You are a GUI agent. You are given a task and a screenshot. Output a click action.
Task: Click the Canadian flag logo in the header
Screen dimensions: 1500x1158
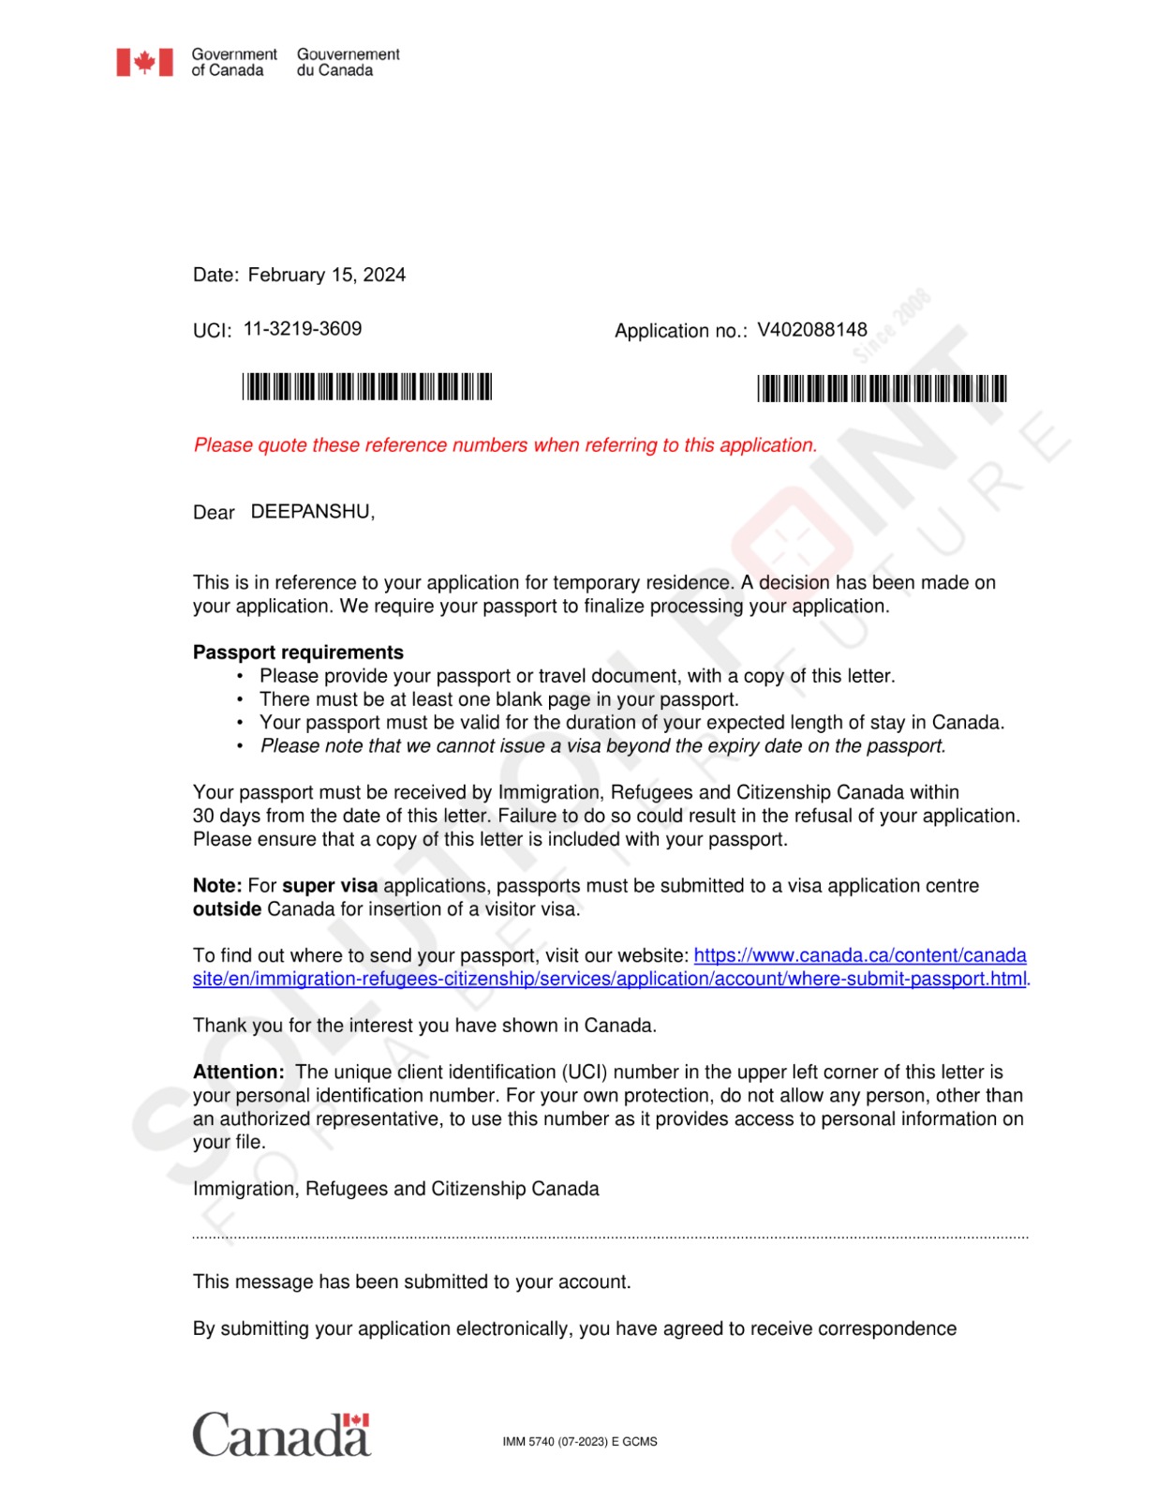click(144, 63)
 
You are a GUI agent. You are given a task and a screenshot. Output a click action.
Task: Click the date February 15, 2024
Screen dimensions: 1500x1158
click(326, 275)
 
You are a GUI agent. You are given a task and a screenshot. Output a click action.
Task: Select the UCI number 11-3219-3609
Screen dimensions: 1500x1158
click(302, 329)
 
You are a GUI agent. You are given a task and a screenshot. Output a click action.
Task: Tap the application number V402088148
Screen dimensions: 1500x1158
click(811, 330)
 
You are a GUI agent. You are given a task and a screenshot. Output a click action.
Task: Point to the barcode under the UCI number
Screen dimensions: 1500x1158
click(366, 386)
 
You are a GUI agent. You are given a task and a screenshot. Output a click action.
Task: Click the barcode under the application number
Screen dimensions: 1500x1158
click(882, 388)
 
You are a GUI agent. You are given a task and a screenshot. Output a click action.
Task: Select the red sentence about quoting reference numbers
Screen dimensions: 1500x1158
click(505, 445)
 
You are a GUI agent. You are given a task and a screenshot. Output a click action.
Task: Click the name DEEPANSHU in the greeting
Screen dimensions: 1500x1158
click(311, 512)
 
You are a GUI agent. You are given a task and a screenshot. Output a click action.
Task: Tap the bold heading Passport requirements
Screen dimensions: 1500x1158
click(298, 652)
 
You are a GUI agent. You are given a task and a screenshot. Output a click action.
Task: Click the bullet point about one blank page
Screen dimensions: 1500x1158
click(498, 699)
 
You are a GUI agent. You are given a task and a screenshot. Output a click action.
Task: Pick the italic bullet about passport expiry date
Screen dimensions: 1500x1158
click(602, 746)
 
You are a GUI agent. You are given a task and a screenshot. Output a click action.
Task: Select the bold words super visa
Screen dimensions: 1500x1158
click(330, 886)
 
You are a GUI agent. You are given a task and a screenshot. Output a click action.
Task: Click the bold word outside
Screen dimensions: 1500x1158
click(227, 909)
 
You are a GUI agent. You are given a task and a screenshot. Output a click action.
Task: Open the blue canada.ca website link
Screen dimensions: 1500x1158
click(859, 955)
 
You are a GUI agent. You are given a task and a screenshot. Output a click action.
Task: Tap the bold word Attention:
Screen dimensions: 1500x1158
click(238, 1072)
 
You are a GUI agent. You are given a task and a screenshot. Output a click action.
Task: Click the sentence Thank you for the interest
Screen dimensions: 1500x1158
click(424, 1026)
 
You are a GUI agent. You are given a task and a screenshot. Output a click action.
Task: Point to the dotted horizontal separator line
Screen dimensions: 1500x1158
click(610, 1237)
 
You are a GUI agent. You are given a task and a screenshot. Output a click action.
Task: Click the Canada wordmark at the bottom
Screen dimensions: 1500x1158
click(281, 1434)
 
